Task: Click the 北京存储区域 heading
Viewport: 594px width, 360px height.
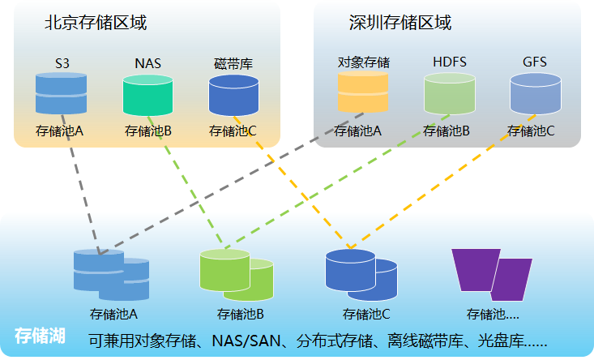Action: [96, 23]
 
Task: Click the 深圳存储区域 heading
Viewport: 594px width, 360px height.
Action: [400, 23]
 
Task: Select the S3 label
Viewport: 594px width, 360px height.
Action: [62, 62]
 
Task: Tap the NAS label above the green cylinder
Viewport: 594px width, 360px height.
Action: [147, 62]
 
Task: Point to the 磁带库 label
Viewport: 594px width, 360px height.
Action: [233, 62]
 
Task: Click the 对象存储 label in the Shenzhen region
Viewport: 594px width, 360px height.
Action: [364, 62]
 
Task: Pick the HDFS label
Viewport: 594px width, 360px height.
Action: [450, 62]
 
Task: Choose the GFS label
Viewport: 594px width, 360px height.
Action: [536, 62]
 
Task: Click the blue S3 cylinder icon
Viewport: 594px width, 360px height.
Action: [61, 94]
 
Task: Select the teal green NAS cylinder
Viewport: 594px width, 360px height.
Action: [147, 96]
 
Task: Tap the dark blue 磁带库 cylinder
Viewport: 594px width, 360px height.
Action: [233, 96]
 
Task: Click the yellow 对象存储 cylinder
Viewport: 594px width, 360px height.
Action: [364, 94]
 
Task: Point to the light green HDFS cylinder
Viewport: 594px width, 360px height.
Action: [450, 96]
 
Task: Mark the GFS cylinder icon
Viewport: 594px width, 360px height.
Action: [536, 96]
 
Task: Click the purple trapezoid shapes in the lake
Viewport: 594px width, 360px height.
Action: [491, 274]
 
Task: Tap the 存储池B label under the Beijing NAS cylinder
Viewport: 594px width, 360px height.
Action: [148, 130]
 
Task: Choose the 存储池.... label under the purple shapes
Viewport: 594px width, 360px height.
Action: [493, 314]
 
